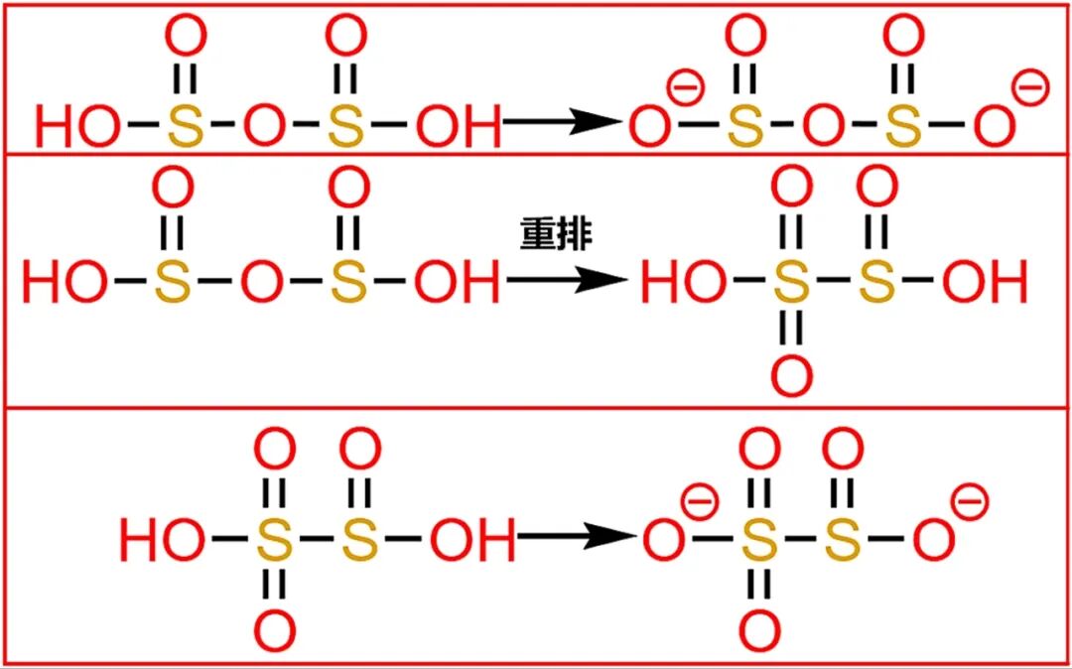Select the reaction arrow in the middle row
tap(567, 282)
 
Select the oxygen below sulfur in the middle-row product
tap(791, 374)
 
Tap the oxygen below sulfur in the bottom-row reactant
tap(275, 630)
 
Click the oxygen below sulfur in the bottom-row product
tap(759, 630)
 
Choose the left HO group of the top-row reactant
tap(78, 125)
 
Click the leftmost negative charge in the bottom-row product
tap(700, 502)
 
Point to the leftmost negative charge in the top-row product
tap(686, 88)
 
